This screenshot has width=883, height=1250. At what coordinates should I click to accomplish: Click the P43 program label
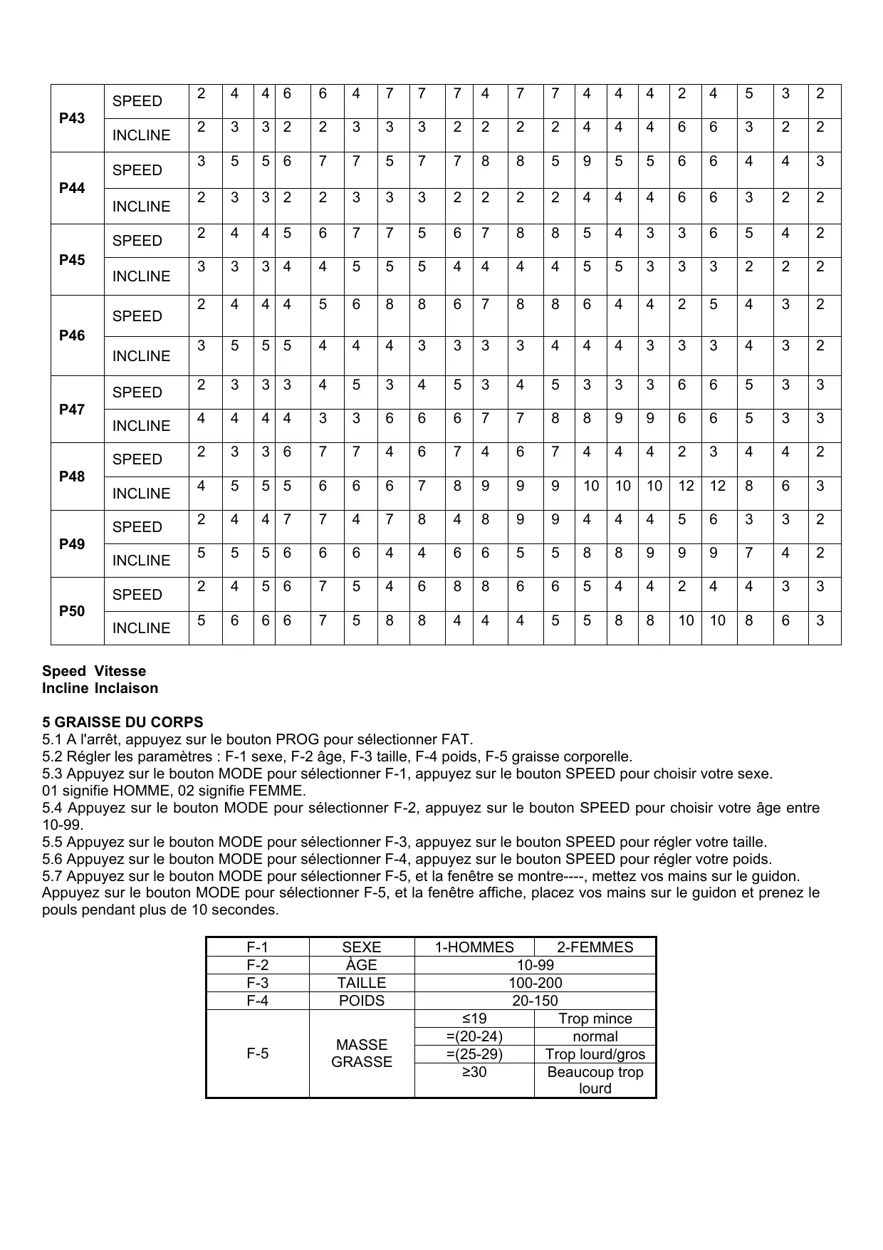point(72,118)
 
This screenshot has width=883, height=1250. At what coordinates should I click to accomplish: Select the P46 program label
point(72,335)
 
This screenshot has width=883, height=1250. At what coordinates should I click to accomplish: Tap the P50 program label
point(72,611)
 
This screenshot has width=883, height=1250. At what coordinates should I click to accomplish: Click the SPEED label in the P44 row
point(137,170)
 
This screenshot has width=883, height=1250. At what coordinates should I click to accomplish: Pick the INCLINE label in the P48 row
point(142,494)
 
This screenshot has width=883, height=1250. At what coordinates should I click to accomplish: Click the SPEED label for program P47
point(137,392)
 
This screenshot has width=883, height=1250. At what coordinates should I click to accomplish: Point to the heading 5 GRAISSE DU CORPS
point(122,722)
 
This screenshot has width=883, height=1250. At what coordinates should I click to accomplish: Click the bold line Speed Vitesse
point(94,671)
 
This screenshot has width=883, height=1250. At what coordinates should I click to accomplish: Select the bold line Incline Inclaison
point(100,688)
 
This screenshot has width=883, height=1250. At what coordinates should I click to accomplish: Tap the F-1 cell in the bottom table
point(258,947)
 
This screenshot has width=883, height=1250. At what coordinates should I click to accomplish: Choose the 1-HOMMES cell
point(474,947)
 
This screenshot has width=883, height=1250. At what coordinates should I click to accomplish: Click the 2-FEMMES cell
point(595,947)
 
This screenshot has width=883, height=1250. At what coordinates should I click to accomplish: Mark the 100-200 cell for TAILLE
point(535,983)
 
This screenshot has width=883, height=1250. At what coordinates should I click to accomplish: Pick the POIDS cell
point(362,1001)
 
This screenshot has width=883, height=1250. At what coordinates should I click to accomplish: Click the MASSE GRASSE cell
point(362,1053)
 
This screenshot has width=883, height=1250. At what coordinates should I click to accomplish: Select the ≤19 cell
point(474,1019)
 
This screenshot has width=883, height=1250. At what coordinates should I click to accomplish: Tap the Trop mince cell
point(595,1019)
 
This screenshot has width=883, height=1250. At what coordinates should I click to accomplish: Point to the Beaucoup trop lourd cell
point(595,1080)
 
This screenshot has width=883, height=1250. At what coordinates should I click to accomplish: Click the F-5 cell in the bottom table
point(258,1053)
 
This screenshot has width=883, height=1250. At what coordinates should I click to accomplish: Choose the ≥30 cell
point(474,1072)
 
